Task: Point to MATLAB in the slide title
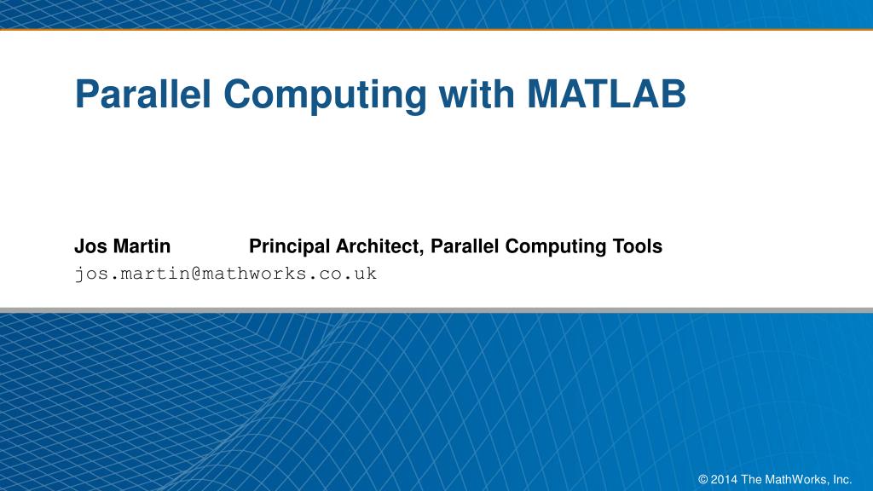605,95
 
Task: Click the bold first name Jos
88,246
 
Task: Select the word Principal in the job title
289,246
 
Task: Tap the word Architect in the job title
380,246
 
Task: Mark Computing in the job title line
556,246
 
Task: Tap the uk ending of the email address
366,274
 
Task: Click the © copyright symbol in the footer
702,479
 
